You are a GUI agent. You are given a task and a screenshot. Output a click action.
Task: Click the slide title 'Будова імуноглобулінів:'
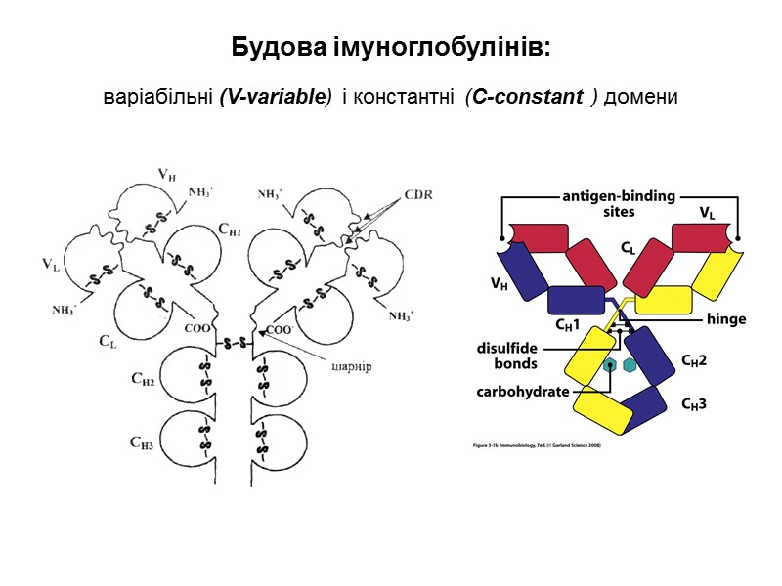(391, 47)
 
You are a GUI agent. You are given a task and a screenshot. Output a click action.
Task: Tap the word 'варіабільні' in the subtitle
(157, 99)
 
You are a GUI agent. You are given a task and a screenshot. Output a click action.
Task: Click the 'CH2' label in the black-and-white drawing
(142, 380)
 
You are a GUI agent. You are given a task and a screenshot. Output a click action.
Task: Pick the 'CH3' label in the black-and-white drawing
(142, 441)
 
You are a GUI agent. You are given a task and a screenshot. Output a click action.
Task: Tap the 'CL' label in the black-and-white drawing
(109, 341)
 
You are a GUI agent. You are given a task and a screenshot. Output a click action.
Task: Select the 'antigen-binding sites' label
(619, 203)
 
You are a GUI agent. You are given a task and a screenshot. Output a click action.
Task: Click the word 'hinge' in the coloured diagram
(725, 319)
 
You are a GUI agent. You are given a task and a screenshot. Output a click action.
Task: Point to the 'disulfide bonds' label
(507, 356)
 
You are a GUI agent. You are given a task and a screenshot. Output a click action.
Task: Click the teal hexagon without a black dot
(630, 365)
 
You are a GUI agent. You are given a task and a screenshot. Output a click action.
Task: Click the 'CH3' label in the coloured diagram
(693, 402)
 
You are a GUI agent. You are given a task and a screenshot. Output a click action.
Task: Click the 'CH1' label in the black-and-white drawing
(231, 231)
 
